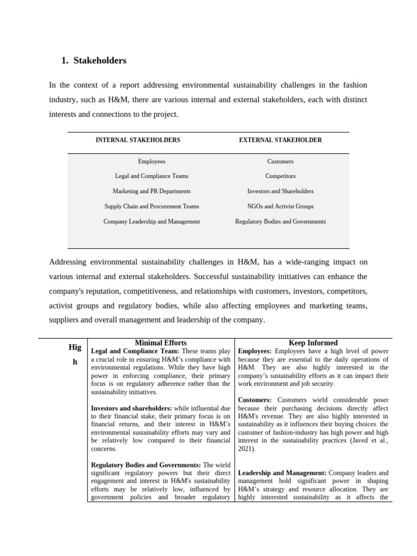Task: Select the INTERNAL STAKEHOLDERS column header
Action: (x=138, y=140)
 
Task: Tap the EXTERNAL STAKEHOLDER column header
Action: (x=280, y=140)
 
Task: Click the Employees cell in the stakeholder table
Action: (x=151, y=161)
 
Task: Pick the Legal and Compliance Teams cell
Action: (x=151, y=176)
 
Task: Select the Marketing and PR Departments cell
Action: (x=151, y=191)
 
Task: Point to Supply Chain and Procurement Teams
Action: (x=151, y=206)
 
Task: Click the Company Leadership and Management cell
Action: (x=151, y=222)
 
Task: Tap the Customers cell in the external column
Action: (x=280, y=161)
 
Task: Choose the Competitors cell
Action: (x=280, y=176)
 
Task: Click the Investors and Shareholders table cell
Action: (x=280, y=191)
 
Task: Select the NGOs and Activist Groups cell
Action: (x=280, y=206)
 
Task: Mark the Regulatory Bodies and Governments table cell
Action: (x=280, y=222)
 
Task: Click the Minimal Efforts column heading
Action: (x=160, y=343)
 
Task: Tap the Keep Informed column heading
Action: (x=313, y=343)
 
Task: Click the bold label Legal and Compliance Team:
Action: (x=135, y=351)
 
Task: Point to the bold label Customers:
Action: (x=255, y=400)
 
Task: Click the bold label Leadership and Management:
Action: (x=282, y=473)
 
